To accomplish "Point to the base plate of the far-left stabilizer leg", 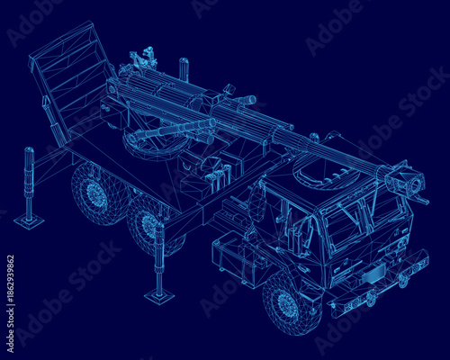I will point(28,221).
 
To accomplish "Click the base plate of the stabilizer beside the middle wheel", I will point(160,296).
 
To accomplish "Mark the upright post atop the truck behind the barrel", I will point(184,69).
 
